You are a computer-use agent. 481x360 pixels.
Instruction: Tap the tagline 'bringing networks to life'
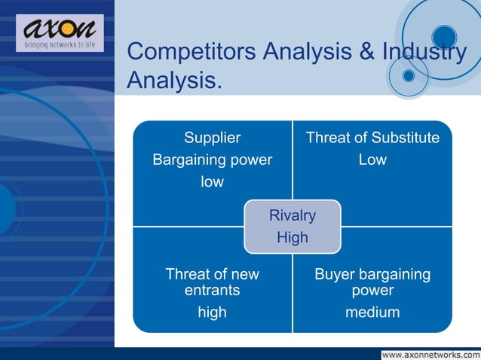pyautogui.click(x=60, y=45)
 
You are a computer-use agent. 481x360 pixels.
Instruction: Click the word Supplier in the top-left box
pyautogui.click(x=213, y=138)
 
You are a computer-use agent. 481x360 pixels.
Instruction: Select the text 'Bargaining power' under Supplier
pyautogui.click(x=213, y=160)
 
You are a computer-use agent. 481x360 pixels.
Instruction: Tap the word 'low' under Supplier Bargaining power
pyautogui.click(x=213, y=182)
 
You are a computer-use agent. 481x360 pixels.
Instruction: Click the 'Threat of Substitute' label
pyautogui.click(x=372, y=138)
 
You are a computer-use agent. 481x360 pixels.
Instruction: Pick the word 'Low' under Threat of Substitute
pyautogui.click(x=372, y=160)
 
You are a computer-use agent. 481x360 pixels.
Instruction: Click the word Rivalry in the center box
pyautogui.click(x=293, y=216)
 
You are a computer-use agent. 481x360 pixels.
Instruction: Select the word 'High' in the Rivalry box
pyautogui.click(x=293, y=238)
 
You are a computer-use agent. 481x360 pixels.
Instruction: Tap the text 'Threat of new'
pyautogui.click(x=213, y=275)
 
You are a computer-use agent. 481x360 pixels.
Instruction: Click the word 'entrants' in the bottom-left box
pyautogui.click(x=213, y=290)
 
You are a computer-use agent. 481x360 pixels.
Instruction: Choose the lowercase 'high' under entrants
pyautogui.click(x=213, y=312)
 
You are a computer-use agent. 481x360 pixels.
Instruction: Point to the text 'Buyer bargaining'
pyautogui.click(x=372, y=275)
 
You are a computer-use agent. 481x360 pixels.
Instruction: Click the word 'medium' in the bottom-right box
pyautogui.click(x=372, y=312)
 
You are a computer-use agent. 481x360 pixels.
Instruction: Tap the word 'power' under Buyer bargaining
pyautogui.click(x=372, y=290)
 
